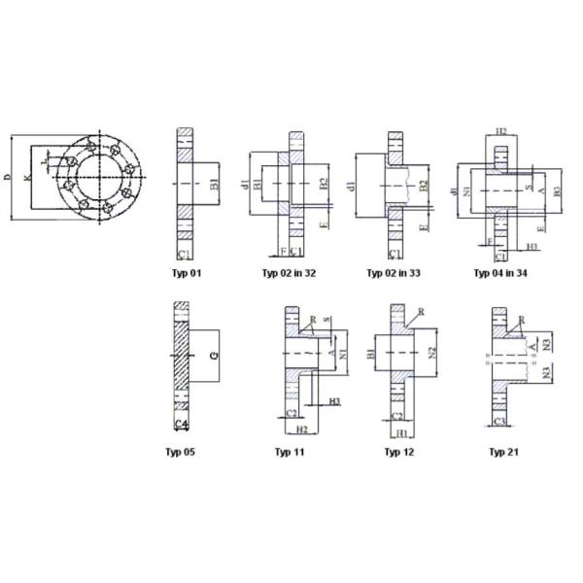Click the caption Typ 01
coord(189,273)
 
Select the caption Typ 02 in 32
coord(289,273)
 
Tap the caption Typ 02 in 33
coord(394,273)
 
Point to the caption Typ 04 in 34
coord(500,273)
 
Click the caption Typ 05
coord(182,452)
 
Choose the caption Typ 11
coord(291,452)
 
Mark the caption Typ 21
coord(501,452)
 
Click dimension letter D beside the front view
coord(8,177)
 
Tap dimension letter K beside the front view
coord(27,178)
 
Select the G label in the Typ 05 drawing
coord(215,356)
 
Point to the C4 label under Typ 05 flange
coord(181,425)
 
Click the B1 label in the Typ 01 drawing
coord(215,182)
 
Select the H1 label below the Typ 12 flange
coord(400,432)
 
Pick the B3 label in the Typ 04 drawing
coord(556,190)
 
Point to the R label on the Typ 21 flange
coord(522,320)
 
